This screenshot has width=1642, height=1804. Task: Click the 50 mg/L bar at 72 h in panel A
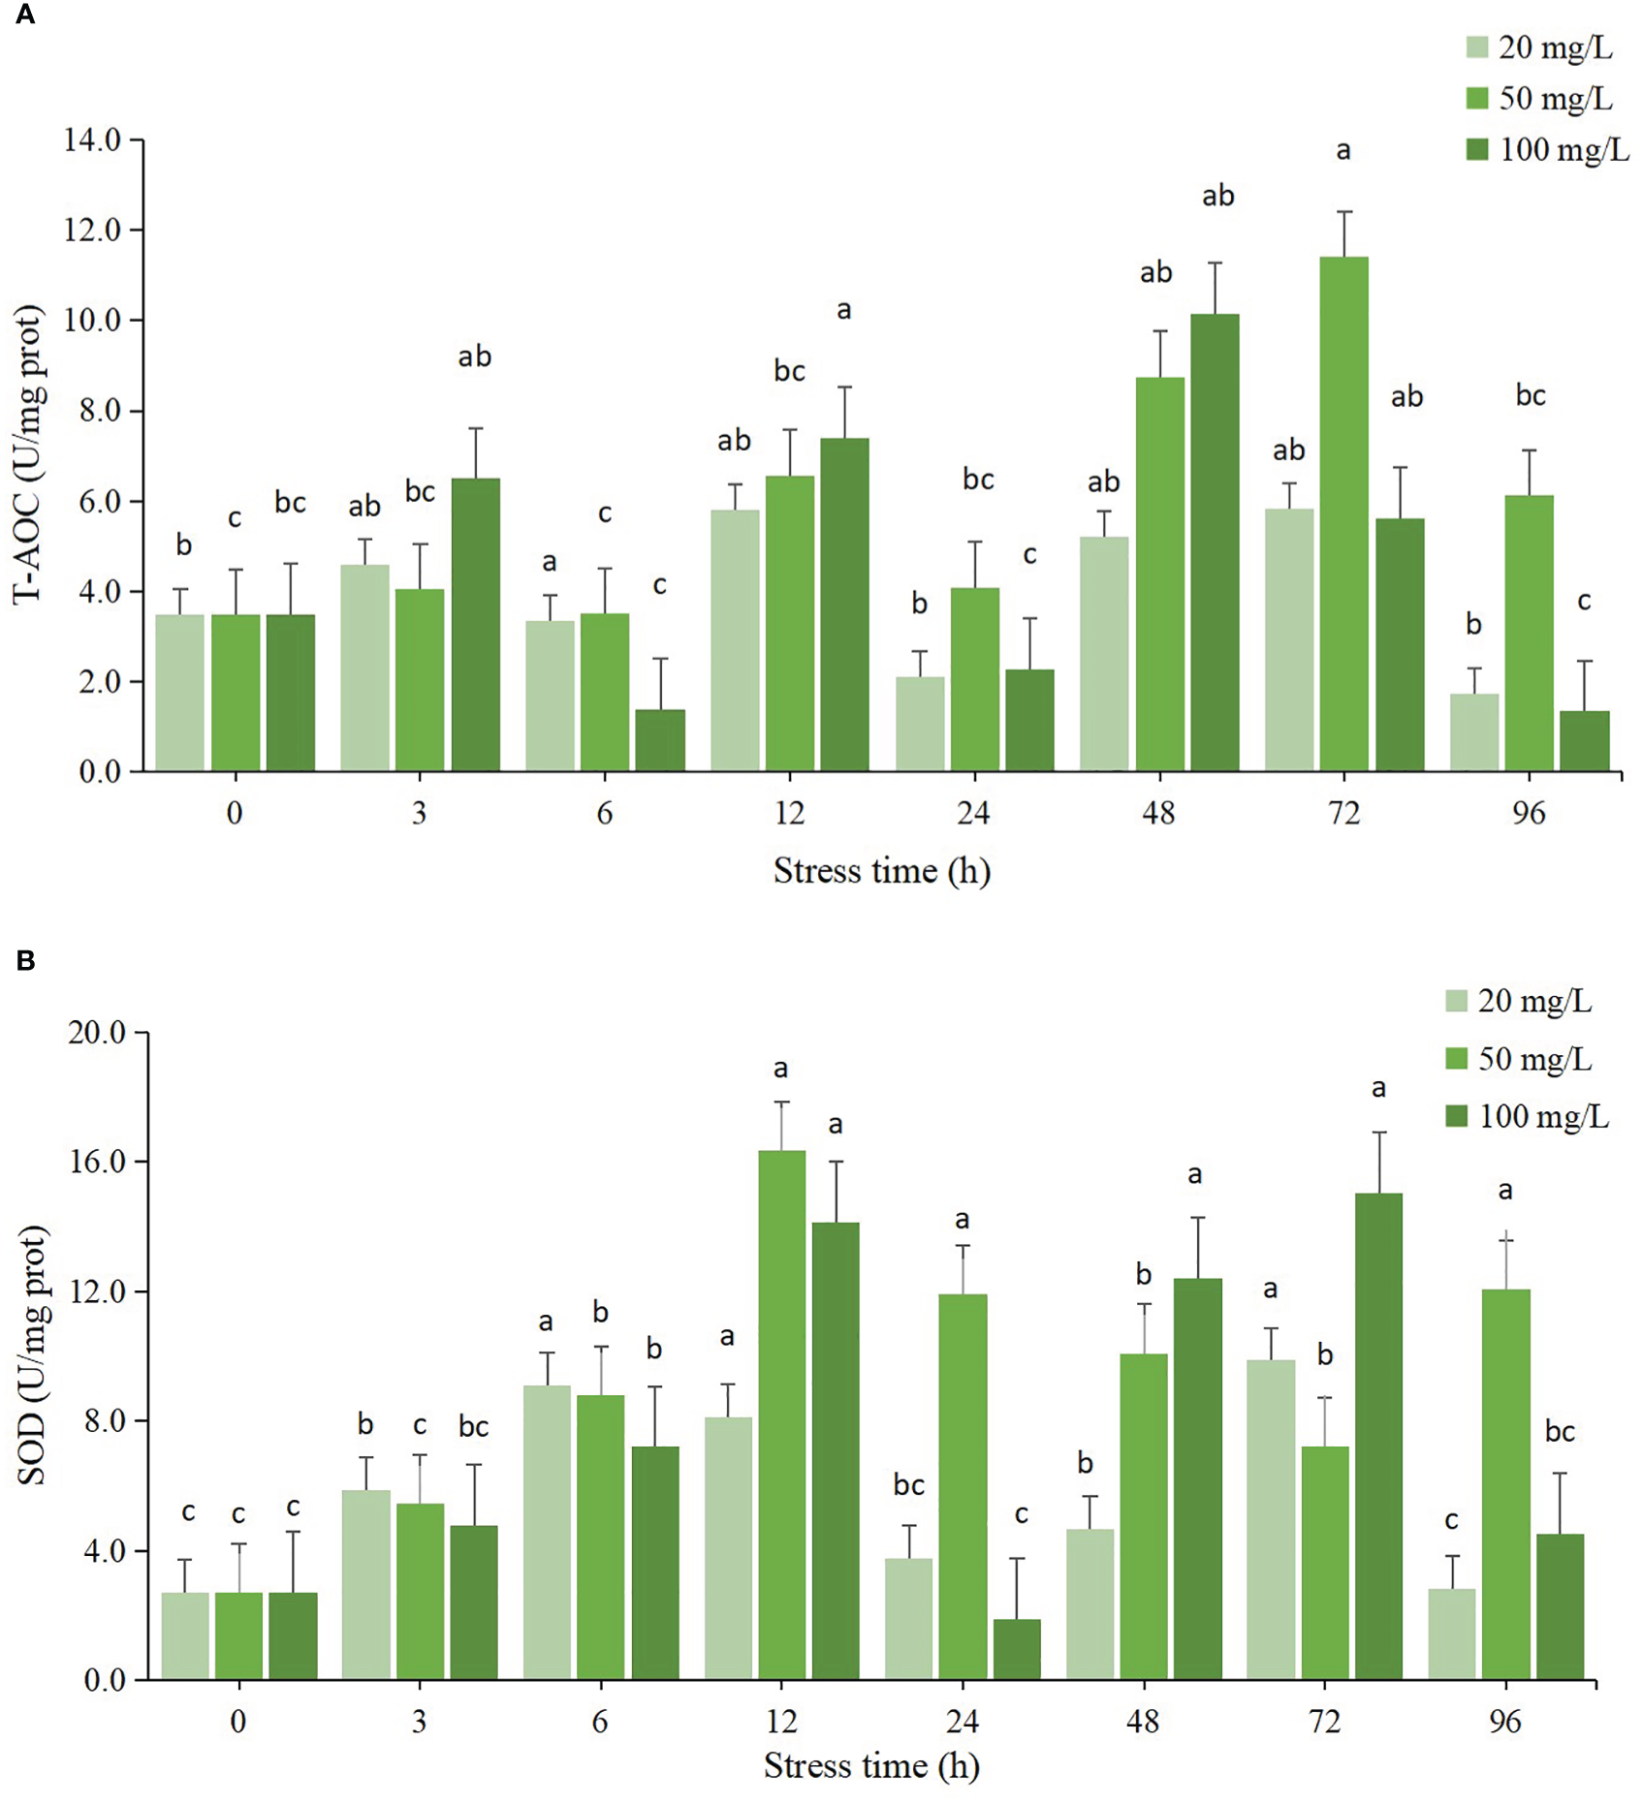point(1343,513)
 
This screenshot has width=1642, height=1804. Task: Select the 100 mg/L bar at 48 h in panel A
point(1215,543)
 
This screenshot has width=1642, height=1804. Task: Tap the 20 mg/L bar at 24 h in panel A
point(919,724)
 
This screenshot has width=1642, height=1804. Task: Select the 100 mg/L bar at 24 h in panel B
point(1017,1649)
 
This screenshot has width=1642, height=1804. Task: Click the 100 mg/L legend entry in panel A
point(1547,149)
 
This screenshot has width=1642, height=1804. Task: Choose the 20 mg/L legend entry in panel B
point(1519,1001)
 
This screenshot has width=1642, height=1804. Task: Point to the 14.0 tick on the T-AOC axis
point(94,140)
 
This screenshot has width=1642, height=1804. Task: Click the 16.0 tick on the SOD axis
point(98,1162)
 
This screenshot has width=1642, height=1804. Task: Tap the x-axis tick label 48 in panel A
point(1158,813)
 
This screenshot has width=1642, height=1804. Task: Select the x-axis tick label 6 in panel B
point(600,1722)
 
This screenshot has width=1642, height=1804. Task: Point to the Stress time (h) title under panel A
point(881,871)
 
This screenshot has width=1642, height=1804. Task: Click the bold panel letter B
point(26,960)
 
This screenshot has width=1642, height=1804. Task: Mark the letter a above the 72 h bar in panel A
point(1343,150)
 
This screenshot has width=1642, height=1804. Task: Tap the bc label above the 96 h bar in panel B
point(1560,1432)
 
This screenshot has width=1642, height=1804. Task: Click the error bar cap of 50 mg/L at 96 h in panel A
point(1529,451)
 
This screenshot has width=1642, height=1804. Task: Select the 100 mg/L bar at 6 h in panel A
point(660,740)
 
